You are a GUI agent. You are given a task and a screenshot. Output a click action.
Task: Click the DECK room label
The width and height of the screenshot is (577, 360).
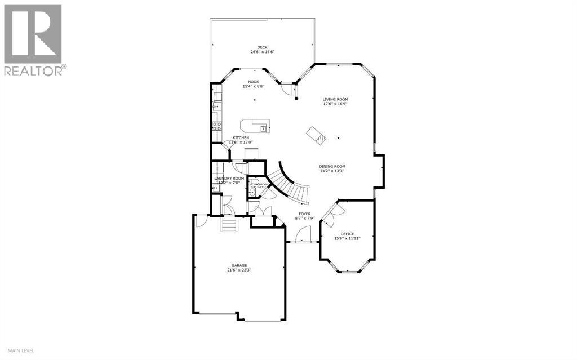pos(262,47)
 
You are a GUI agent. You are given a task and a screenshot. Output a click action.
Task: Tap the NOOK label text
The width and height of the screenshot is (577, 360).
pos(254,82)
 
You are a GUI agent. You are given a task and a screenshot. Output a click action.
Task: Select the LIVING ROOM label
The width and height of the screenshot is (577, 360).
pos(335,99)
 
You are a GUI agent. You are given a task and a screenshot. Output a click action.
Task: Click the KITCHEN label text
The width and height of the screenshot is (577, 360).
pos(241,138)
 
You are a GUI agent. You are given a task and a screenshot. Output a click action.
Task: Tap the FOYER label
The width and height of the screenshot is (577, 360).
pos(305,214)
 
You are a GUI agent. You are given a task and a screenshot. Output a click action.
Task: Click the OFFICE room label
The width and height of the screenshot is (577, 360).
pos(347,234)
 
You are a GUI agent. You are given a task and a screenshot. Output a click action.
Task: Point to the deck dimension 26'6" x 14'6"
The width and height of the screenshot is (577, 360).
pos(262,52)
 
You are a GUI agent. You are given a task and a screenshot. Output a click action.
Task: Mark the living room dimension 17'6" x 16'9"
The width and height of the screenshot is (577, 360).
pos(335,104)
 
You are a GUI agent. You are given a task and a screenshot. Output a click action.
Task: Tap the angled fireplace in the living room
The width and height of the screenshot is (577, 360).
pos(316,136)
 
